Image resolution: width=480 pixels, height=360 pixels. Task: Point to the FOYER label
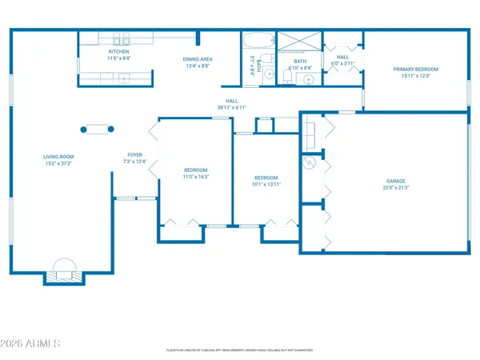click(135, 154)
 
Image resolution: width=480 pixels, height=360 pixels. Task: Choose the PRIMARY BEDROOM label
click(412, 69)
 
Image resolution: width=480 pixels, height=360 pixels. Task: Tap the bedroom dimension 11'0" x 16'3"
click(196, 176)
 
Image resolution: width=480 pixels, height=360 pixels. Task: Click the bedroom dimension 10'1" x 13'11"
click(266, 184)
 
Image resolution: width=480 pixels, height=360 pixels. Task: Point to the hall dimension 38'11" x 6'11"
click(231, 107)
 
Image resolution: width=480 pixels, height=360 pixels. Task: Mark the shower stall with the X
click(298, 42)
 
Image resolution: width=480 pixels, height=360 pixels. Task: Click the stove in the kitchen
click(121, 40)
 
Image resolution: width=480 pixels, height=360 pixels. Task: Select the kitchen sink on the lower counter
click(124, 78)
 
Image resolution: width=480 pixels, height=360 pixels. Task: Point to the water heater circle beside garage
click(310, 162)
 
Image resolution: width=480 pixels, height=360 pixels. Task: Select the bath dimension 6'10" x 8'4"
click(300, 67)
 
